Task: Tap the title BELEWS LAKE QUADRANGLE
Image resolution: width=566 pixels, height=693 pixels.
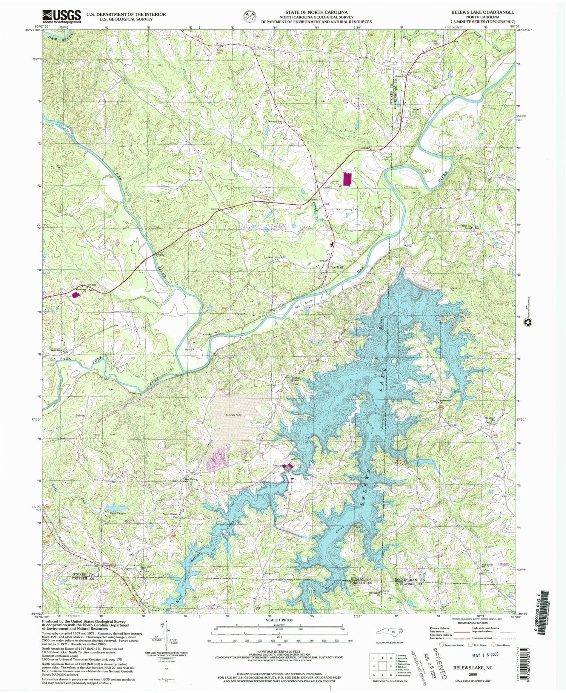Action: click(x=482, y=12)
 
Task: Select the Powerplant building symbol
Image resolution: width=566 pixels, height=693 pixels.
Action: click(x=289, y=469)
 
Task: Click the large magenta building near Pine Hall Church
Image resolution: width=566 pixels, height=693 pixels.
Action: click(x=347, y=178)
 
